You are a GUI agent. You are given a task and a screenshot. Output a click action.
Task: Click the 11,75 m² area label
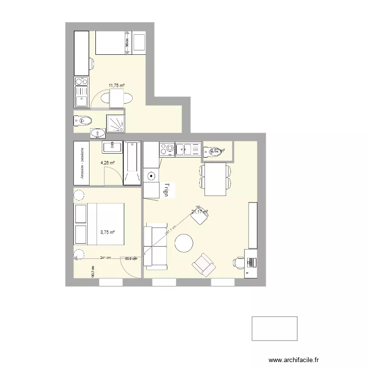[116, 85]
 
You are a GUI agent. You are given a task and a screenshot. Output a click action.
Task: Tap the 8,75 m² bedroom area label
[108, 232]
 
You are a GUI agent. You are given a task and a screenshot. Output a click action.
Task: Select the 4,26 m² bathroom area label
[108, 163]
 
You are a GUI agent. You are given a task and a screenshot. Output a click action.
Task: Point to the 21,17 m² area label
[200, 212]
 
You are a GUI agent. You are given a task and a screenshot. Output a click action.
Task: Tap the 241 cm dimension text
[105, 257]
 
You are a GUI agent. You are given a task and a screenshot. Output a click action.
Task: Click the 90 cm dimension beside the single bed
[127, 43]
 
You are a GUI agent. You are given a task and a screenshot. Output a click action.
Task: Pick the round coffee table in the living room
[184, 243]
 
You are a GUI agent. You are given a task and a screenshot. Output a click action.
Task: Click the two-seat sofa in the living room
[156, 248]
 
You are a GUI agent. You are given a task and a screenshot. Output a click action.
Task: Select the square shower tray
[116, 123]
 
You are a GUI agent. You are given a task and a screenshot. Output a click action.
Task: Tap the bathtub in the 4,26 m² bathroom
[132, 164]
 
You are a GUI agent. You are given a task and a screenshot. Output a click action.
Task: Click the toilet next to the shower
[83, 119]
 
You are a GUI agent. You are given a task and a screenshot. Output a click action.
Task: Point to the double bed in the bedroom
[99, 224]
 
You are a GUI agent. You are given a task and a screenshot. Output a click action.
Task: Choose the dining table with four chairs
[215, 179]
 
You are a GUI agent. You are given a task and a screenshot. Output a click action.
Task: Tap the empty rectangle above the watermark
[275, 328]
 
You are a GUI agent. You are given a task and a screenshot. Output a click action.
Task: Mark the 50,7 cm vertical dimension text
[92, 272]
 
